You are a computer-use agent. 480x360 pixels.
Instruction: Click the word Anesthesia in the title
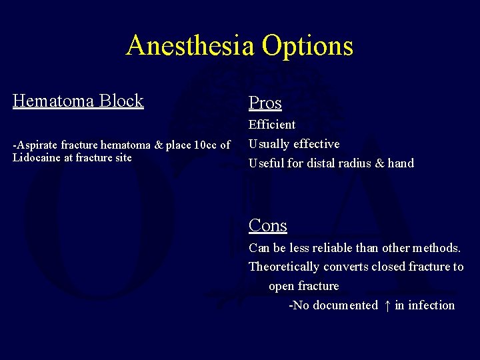(191, 45)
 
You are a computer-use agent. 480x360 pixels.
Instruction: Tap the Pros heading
(265, 103)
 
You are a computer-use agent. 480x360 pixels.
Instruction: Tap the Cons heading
(267, 225)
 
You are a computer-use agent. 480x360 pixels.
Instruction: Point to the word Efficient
(271, 124)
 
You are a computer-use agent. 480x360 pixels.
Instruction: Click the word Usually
(269, 144)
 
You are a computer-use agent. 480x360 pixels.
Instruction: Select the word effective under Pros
(316, 144)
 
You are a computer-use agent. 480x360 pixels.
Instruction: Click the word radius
(357, 163)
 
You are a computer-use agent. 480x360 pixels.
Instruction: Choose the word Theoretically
(284, 267)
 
